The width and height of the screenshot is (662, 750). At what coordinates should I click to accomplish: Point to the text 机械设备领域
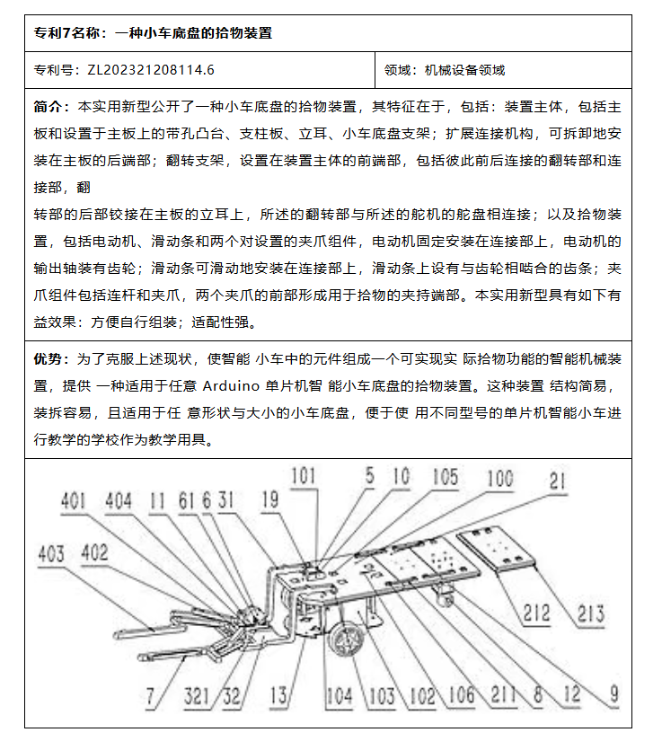pos(464,69)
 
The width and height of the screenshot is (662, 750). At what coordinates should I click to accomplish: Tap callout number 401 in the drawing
pos(75,502)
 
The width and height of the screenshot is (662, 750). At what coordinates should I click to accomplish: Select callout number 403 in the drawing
pos(51,553)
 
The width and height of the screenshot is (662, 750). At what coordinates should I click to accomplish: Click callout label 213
pos(589,614)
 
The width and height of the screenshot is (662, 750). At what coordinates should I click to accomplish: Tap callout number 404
pos(119,502)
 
